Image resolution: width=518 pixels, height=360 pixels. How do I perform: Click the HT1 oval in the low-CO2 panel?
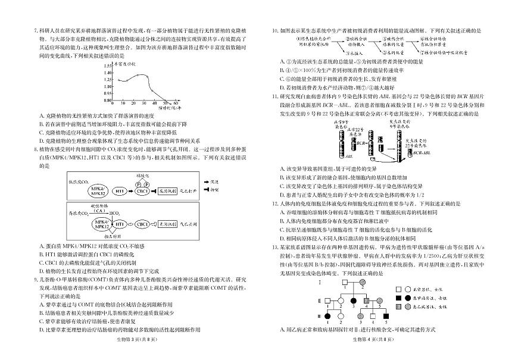[120, 192]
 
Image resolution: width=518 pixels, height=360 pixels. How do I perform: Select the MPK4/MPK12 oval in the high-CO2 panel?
[98, 224]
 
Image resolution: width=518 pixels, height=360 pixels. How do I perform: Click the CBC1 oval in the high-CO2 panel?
[142, 224]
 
